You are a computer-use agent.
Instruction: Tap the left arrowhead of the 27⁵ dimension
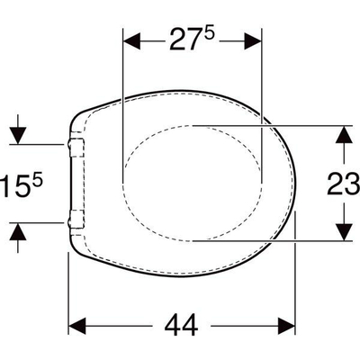coord(129,42)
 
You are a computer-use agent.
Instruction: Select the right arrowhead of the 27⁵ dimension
coord(255,42)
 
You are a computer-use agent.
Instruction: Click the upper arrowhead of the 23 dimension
coord(343,132)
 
